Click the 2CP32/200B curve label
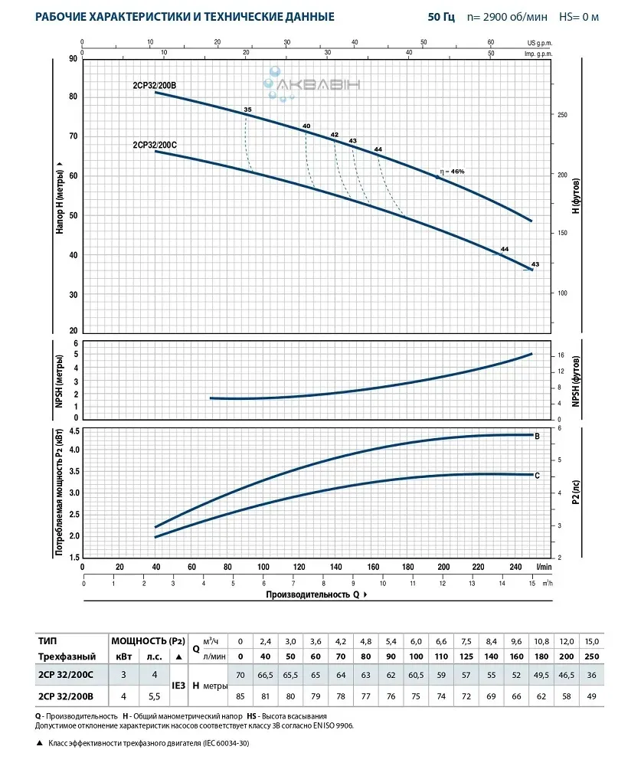tap(154, 86)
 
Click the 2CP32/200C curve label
tap(154, 143)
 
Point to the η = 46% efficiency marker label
tap(453, 171)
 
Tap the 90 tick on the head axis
tap(74, 58)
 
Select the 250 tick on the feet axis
tap(563, 115)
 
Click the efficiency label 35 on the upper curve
tap(247, 110)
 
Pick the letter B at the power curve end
tap(538, 436)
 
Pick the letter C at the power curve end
tap(538, 476)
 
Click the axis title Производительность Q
tap(313, 594)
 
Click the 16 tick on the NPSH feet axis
tap(561, 355)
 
